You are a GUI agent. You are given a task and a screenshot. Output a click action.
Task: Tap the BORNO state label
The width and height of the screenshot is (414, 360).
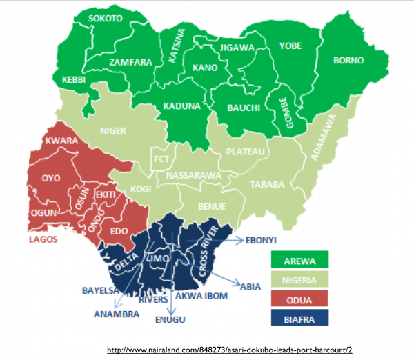click(348, 61)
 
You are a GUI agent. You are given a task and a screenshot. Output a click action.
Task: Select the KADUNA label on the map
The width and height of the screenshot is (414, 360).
click(182, 107)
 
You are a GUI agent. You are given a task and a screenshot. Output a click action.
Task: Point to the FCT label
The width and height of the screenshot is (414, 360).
click(162, 160)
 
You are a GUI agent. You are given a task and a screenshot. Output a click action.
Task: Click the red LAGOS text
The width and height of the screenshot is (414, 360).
click(42, 240)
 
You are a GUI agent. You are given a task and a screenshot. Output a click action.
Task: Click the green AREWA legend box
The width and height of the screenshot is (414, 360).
click(299, 259)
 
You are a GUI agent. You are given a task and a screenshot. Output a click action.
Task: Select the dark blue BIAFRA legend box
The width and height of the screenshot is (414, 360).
click(299, 317)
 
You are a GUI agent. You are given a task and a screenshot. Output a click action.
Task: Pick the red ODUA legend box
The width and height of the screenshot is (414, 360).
click(299, 297)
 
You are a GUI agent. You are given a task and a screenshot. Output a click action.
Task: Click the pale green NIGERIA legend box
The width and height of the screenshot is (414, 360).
click(299, 279)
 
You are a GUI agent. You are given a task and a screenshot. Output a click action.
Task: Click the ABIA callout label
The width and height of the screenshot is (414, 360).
click(250, 284)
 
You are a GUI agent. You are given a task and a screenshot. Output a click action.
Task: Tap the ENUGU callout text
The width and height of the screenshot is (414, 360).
click(170, 320)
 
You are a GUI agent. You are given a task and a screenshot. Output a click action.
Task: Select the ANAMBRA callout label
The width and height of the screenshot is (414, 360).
click(116, 314)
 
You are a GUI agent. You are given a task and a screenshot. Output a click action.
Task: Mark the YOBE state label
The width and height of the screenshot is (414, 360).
click(290, 46)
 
